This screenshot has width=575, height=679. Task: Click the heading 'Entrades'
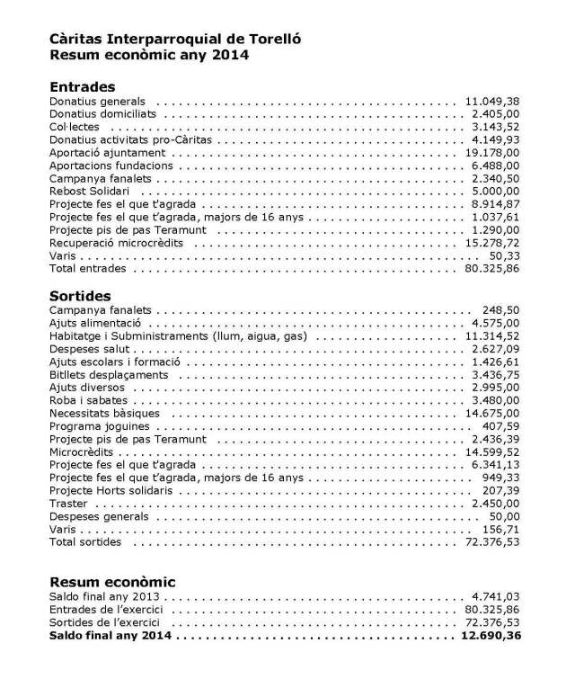tap(83, 87)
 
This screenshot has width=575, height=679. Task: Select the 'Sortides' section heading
tap(80, 295)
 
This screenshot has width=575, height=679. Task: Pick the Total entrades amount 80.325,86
tap(491, 269)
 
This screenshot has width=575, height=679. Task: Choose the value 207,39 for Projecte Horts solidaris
tap(500, 491)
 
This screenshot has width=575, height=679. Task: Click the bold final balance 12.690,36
tap(491, 636)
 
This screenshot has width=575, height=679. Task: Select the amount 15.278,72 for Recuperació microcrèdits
tap(491, 243)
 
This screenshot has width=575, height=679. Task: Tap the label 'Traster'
tap(68, 504)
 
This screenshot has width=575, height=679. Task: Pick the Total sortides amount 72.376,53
tap(491, 542)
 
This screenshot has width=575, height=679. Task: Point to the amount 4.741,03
tap(495, 596)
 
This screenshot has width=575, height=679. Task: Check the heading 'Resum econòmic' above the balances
tap(112, 582)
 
